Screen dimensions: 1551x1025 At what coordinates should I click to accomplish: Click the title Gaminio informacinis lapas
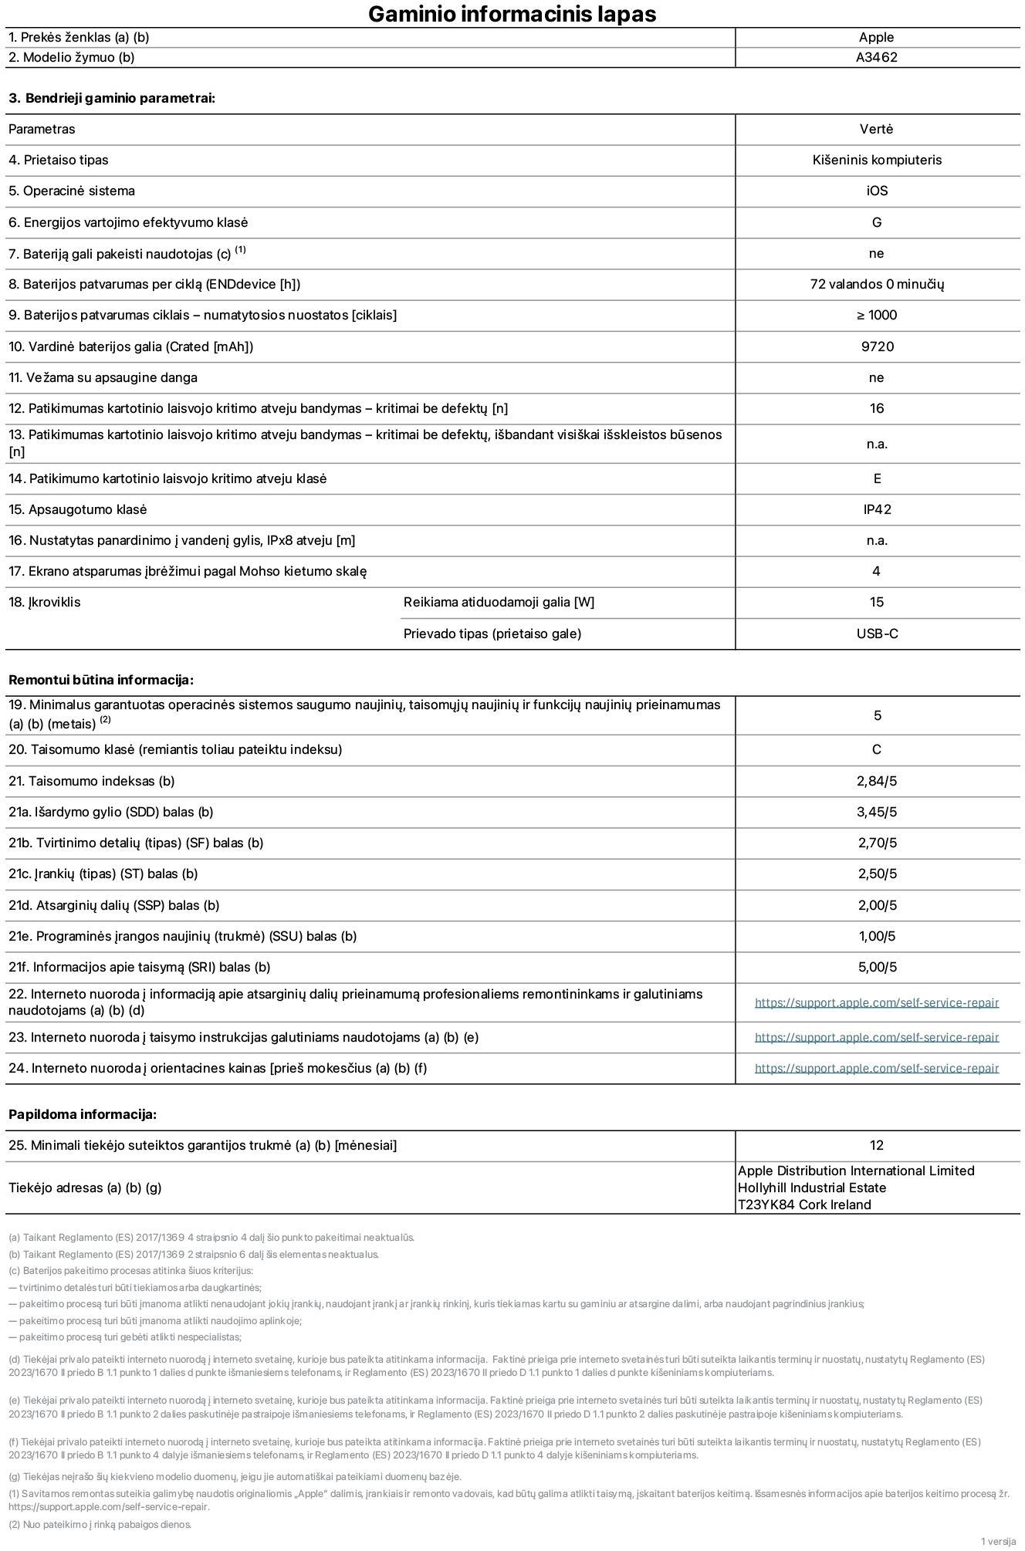tap(512, 14)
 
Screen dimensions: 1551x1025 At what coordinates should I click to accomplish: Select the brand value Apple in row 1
tap(876, 37)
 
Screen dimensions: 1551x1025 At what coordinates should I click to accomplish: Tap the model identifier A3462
tap(876, 57)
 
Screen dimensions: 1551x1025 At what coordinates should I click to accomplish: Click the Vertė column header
tap(876, 129)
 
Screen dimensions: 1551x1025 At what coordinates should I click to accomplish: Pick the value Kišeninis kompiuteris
tap(877, 160)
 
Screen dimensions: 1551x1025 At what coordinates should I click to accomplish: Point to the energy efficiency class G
tap(877, 222)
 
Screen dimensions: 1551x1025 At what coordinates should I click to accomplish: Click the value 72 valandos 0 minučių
tap(877, 284)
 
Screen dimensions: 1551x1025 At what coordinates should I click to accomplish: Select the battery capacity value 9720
tap(877, 346)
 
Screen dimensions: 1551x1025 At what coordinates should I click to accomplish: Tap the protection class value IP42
tap(877, 509)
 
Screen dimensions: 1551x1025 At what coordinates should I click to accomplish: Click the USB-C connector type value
tap(877, 634)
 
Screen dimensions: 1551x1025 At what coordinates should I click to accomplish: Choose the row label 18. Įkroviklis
tap(45, 602)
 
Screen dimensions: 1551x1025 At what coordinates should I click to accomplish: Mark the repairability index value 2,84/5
tap(877, 781)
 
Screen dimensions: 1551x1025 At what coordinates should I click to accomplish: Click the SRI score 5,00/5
tap(877, 967)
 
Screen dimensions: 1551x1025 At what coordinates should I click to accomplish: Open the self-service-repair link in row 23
tap(877, 1037)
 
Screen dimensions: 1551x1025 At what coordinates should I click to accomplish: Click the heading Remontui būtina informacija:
tap(100, 680)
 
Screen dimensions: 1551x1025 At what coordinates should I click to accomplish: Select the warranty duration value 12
tap(876, 1145)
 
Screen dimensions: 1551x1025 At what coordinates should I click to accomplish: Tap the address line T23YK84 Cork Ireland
tap(804, 1205)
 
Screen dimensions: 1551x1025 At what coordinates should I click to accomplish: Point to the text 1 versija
tap(998, 1541)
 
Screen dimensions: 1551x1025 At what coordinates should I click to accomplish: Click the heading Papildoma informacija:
tap(83, 1114)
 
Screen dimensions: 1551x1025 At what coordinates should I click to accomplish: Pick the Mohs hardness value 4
tap(876, 571)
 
